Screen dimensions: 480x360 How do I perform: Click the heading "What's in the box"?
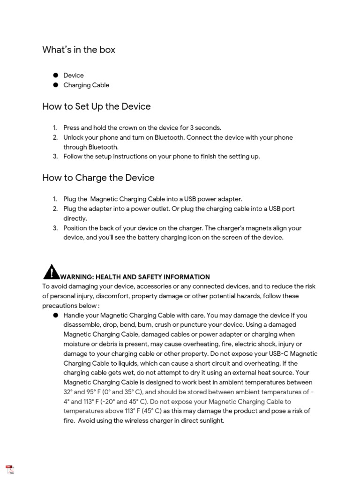pos(79,50)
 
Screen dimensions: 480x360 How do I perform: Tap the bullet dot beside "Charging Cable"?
pos(55,85)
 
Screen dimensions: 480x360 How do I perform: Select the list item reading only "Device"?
pos(74,75)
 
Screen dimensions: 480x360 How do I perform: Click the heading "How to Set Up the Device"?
pos(96,106)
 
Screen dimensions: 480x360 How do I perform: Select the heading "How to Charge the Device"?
pos(98,178)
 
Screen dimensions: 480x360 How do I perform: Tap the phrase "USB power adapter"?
pos(214,199)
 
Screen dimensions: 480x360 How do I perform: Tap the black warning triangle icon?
pos(51,272)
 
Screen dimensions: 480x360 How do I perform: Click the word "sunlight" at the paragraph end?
pos(211,420)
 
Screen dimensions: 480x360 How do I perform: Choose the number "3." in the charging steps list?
pos(55,228)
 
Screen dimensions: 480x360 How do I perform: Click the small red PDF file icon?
pos(10,470)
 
